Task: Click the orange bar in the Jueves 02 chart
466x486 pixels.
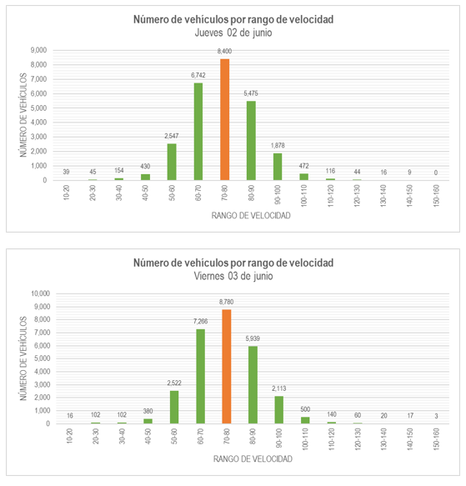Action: [x=225, y=120]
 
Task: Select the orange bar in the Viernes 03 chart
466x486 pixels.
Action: [x=227, y=366]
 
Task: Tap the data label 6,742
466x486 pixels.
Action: [x=198, y=75]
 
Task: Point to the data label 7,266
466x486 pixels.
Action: [x=201, y=322]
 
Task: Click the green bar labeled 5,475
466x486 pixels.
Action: [x=251, y=141]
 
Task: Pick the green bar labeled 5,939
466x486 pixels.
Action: [x=253, y=385]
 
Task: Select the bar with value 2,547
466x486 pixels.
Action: [x=172, y=162]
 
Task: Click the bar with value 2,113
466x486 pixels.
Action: [x=279, y=410]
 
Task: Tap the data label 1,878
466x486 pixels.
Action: [x=278, y=145]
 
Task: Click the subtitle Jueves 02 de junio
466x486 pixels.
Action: [x=233, y=33]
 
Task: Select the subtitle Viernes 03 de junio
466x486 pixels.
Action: [x=233, y=276]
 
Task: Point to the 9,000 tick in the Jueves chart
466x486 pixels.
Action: [x=38, y=50]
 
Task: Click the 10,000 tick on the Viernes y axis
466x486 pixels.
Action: [x=40, y=293]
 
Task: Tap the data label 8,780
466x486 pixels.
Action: [x=227, y=302]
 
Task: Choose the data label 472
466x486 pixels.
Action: [x=303, y=166]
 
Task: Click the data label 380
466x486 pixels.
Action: [x=148, y=411]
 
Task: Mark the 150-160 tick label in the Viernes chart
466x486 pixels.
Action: [x=436, y=438]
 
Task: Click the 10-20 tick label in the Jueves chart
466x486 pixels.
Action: [x=66, y=193]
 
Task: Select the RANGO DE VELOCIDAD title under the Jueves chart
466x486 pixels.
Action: [x=251, y=216]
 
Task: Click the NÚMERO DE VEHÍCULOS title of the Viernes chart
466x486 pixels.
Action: [x=23, y=358]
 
